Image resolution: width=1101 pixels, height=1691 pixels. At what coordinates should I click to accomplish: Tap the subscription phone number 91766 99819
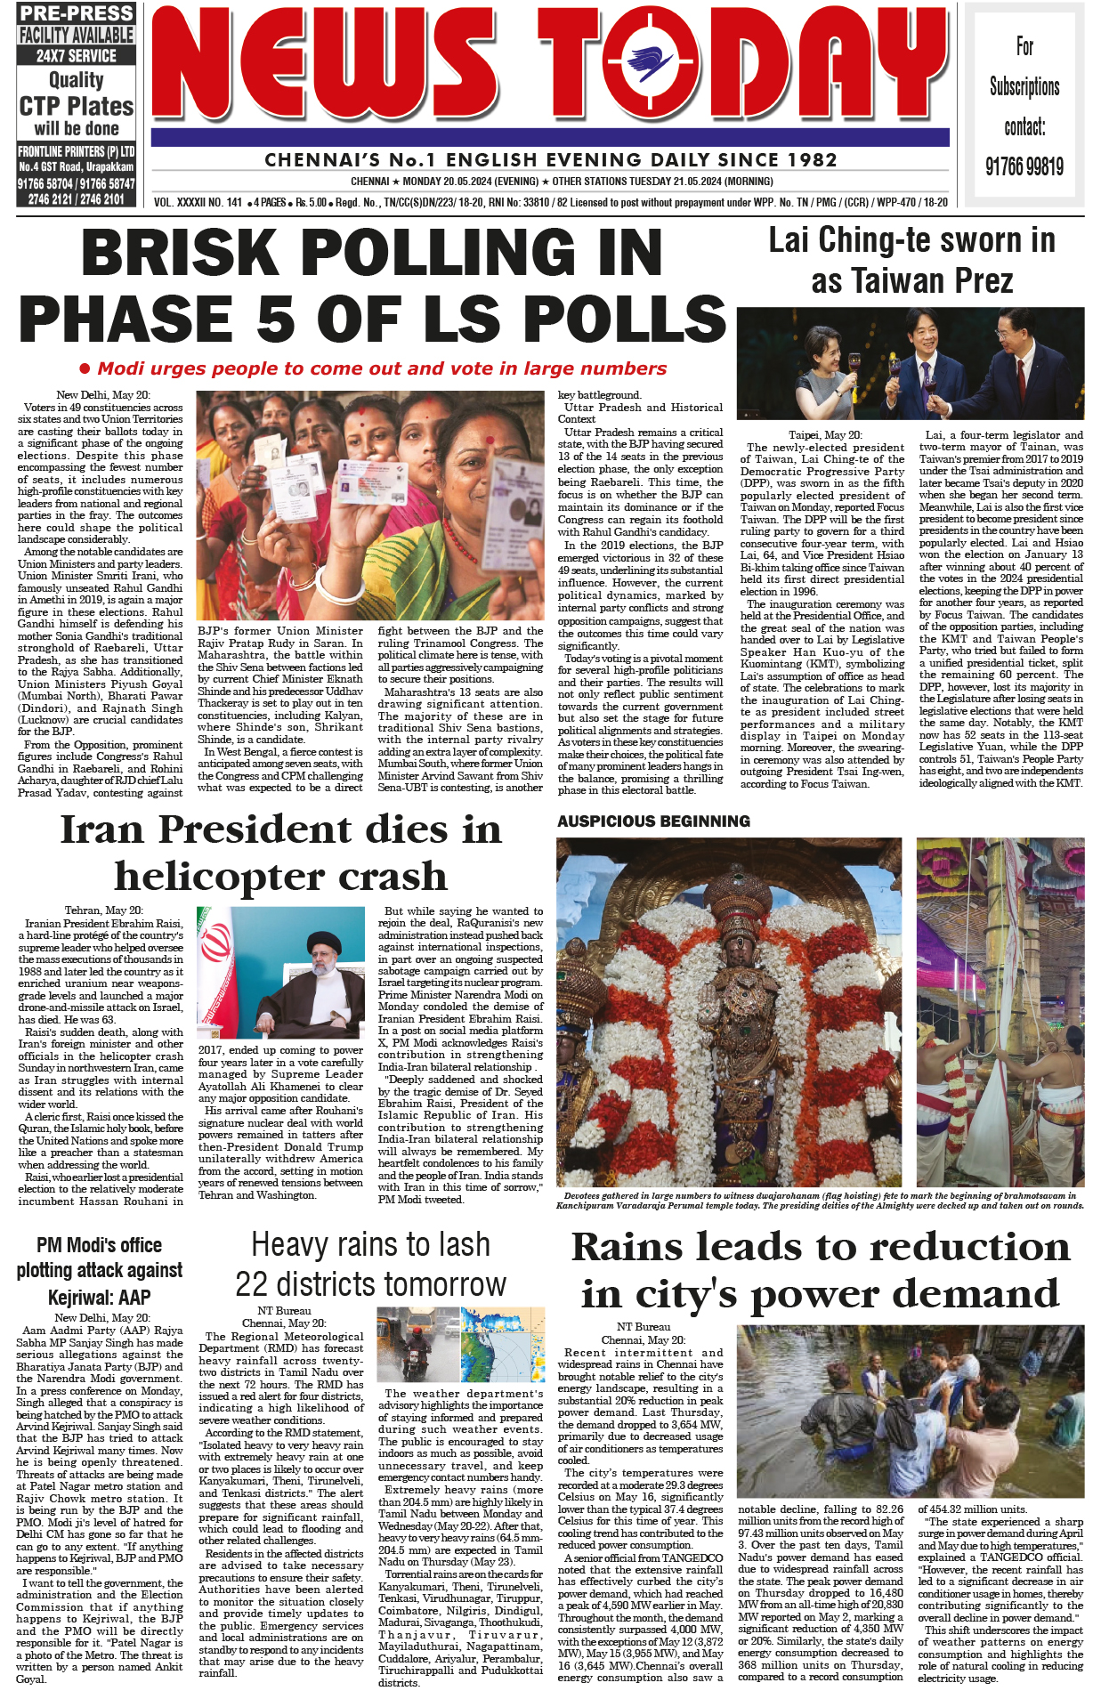1024,166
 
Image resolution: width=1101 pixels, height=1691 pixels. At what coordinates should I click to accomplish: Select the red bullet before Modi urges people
85,368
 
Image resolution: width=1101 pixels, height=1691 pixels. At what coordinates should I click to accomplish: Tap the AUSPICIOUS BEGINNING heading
653,821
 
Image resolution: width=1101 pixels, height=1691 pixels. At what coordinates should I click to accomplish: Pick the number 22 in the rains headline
253,1284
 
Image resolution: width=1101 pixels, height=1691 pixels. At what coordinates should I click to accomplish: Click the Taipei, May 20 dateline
825,435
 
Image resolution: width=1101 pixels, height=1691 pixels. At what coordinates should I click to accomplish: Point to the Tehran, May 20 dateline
103,910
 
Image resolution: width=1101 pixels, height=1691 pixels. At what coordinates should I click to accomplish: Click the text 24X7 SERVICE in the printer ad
76,55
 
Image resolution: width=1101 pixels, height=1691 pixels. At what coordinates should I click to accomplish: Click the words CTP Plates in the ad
77,107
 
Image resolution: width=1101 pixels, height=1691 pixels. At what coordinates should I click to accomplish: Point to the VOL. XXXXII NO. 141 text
198,202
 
